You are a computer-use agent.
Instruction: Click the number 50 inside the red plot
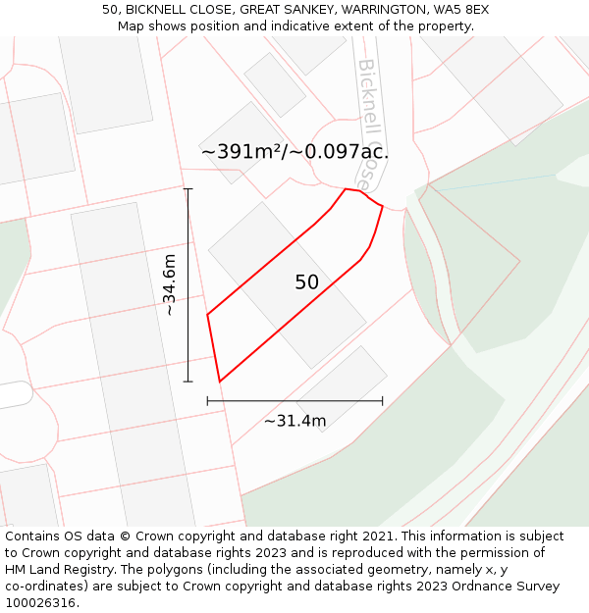click(306, 282)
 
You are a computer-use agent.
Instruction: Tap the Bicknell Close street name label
click(365, 124)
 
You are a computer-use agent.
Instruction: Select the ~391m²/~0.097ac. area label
click(294, 152)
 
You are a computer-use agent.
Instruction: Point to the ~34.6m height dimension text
click(170, 284)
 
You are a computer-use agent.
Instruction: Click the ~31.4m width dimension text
click(294, 421)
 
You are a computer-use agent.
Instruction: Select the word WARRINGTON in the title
click(377, 10)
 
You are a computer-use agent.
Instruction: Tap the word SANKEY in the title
click(300, 10)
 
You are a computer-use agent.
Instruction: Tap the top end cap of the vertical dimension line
click(187, 189)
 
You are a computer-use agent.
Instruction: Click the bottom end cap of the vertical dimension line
click(187, 382)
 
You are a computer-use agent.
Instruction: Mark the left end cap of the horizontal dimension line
click(207, 400)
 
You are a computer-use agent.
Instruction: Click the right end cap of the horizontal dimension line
click(383, 400)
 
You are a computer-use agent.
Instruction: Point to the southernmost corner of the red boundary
click(219, 382)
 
